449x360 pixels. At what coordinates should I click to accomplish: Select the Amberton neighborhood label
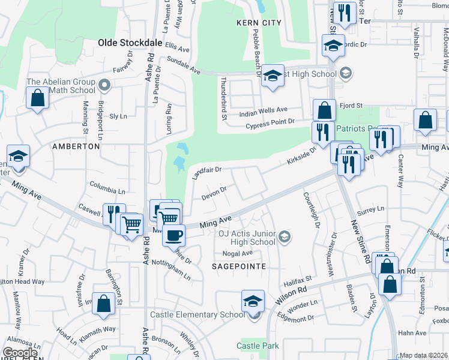76,146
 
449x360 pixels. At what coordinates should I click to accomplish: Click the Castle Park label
258,346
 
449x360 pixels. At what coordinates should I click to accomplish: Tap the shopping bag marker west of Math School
37,98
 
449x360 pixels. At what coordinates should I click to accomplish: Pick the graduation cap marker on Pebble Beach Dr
273,76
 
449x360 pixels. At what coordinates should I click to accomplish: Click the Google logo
20,353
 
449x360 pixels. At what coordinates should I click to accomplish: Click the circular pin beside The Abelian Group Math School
104,85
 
